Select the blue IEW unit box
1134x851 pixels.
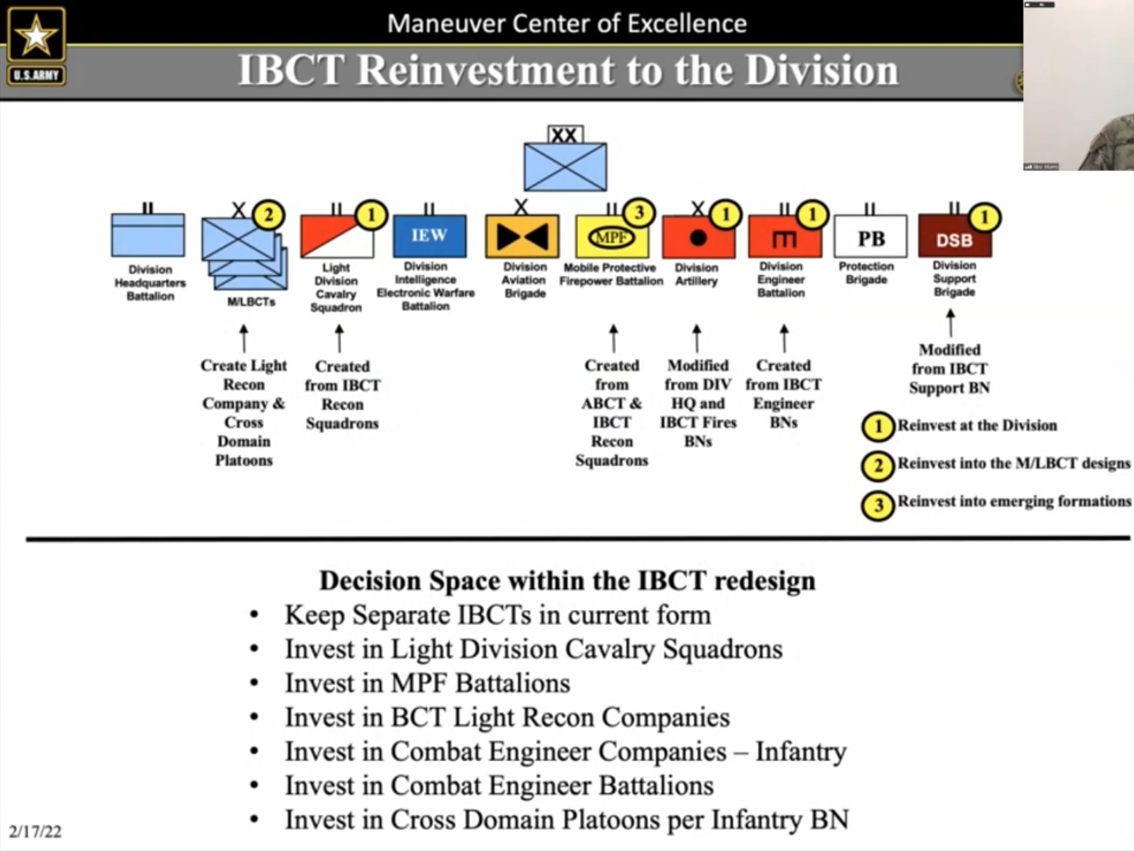tap(429, 235)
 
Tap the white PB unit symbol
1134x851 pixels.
tap(870, 236)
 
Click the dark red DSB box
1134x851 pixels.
tap(954, 239)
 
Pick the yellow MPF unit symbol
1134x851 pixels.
tap(611, 237)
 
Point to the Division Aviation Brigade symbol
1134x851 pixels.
tap(522, 236)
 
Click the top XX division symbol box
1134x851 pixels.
tap(565, 165)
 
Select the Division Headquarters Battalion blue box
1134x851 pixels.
tap(148, 235)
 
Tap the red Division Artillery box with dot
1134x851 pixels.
tap(698, 237)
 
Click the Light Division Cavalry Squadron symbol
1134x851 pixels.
tap(337, 237)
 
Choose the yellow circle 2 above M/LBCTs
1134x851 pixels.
tap(269, 215)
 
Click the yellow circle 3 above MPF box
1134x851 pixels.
tap(639, 213)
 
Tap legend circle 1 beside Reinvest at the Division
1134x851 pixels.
tap(877, 427)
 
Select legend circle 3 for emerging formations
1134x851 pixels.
tap(877, 505)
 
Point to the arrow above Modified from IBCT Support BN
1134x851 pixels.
tap(950, 322)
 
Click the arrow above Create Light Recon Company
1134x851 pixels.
tap(243, 338)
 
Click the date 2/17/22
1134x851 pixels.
tap(35, 831)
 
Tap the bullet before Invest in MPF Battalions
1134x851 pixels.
tap(254, 683)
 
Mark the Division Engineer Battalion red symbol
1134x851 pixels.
tap(784, 237)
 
